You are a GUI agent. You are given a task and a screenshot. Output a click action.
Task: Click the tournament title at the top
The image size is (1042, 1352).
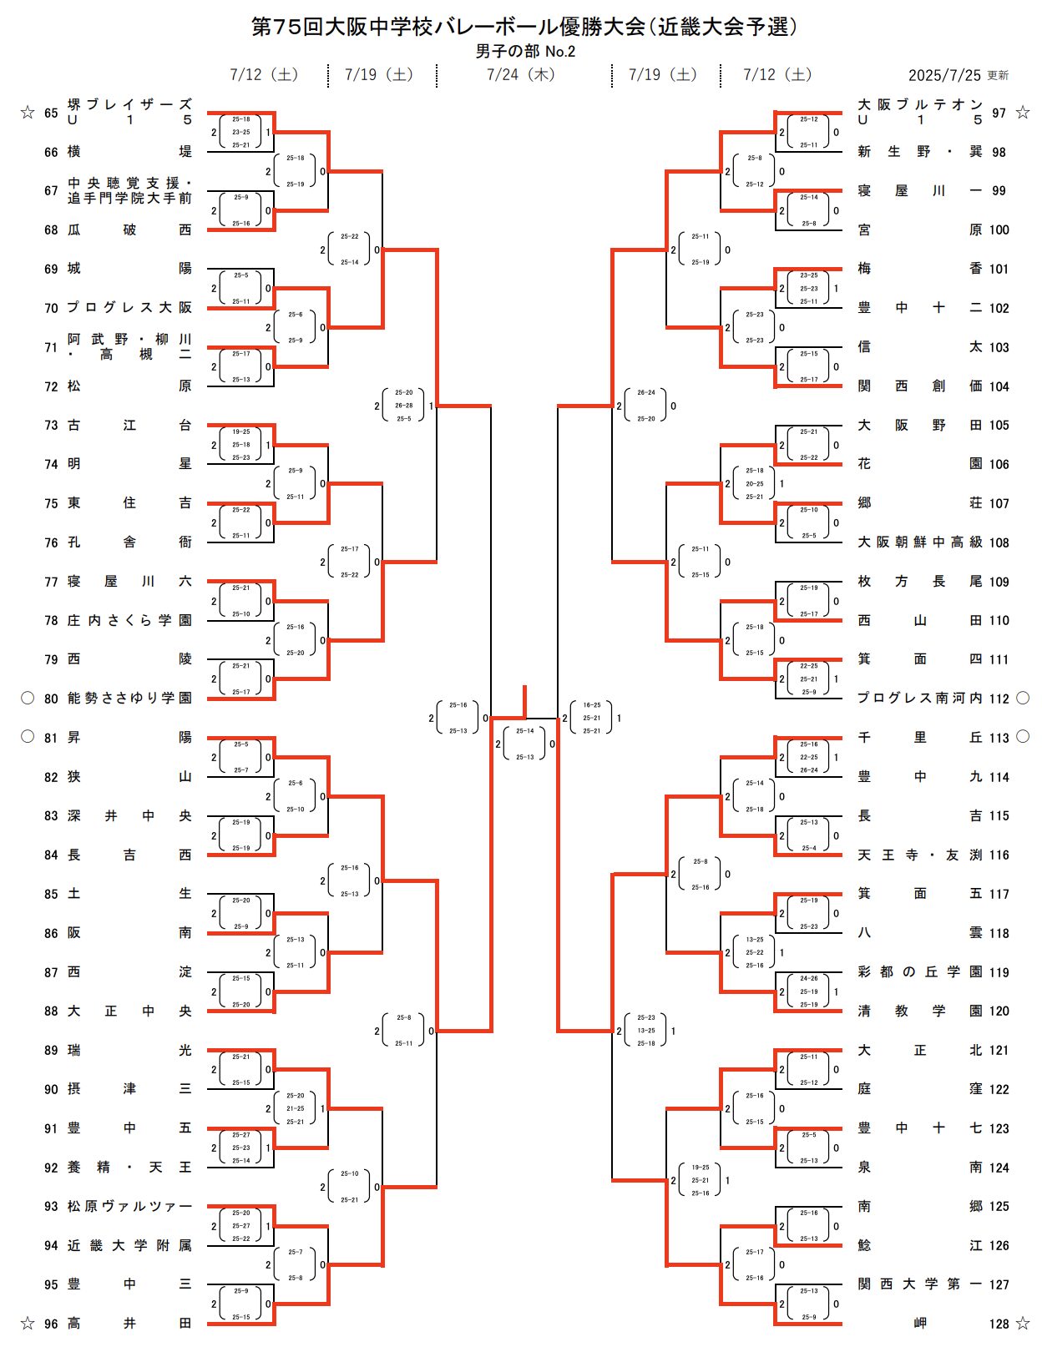pyautogui.click(x=524, y=27)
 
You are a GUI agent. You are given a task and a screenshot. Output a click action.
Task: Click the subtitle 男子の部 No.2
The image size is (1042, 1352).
pyautogui.click(x=525, y=52)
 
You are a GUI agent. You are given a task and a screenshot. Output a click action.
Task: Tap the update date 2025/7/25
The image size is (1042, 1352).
pyautogui.click(x=944, y=75)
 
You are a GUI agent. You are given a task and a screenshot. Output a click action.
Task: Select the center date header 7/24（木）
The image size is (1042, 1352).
pyautogui.click(x=521, y=75)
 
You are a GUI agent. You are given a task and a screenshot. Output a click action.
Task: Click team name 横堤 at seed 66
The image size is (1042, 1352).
pyautogui.click(x=129, y=152)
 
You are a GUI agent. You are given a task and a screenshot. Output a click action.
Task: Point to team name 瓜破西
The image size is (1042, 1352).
pyautogui.click(x=129, y=230)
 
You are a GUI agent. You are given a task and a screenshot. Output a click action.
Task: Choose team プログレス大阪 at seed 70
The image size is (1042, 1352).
pyautogui.click(x=129, y=308)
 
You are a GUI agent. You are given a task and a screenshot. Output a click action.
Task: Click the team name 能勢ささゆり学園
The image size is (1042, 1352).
pyautogui.click(x=129, y=699)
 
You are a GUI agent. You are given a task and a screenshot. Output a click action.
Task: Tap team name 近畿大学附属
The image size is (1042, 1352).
pyautogui.click(x=129, y=1245)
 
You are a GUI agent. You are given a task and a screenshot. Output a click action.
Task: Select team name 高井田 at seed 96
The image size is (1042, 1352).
pyautogui.click(x=129, y=1324)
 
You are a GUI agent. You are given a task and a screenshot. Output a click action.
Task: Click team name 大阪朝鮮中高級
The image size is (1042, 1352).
pyautogui.click(x=919, y=542)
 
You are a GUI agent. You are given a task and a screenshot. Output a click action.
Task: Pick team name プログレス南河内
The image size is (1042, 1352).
pyautogui.click(x=919, y=699)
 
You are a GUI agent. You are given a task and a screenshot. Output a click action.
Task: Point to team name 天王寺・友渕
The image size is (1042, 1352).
pyautogui.click(x=919, y=855)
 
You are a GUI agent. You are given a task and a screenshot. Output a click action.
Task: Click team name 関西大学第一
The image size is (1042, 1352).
pyautogui.click(x=919, y=1284)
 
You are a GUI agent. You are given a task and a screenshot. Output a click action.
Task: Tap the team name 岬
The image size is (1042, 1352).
pyautogui.click(x=919, y=1324)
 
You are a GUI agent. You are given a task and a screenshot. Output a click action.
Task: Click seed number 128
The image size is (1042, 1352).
pyautogui.click(x=999, y=1324)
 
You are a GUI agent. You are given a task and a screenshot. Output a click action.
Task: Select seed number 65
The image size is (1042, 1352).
pyautogui.click(x=51, y=113)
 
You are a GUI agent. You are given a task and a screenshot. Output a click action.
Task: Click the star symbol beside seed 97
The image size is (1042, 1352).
pyautogui.click(x=1023, y=113)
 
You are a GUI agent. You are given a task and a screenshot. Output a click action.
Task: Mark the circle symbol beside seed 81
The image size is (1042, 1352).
pyautogui.click(x=28, y=737)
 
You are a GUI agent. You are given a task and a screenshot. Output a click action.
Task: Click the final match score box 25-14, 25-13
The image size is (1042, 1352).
pyautogui.click(x=524, y=744)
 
